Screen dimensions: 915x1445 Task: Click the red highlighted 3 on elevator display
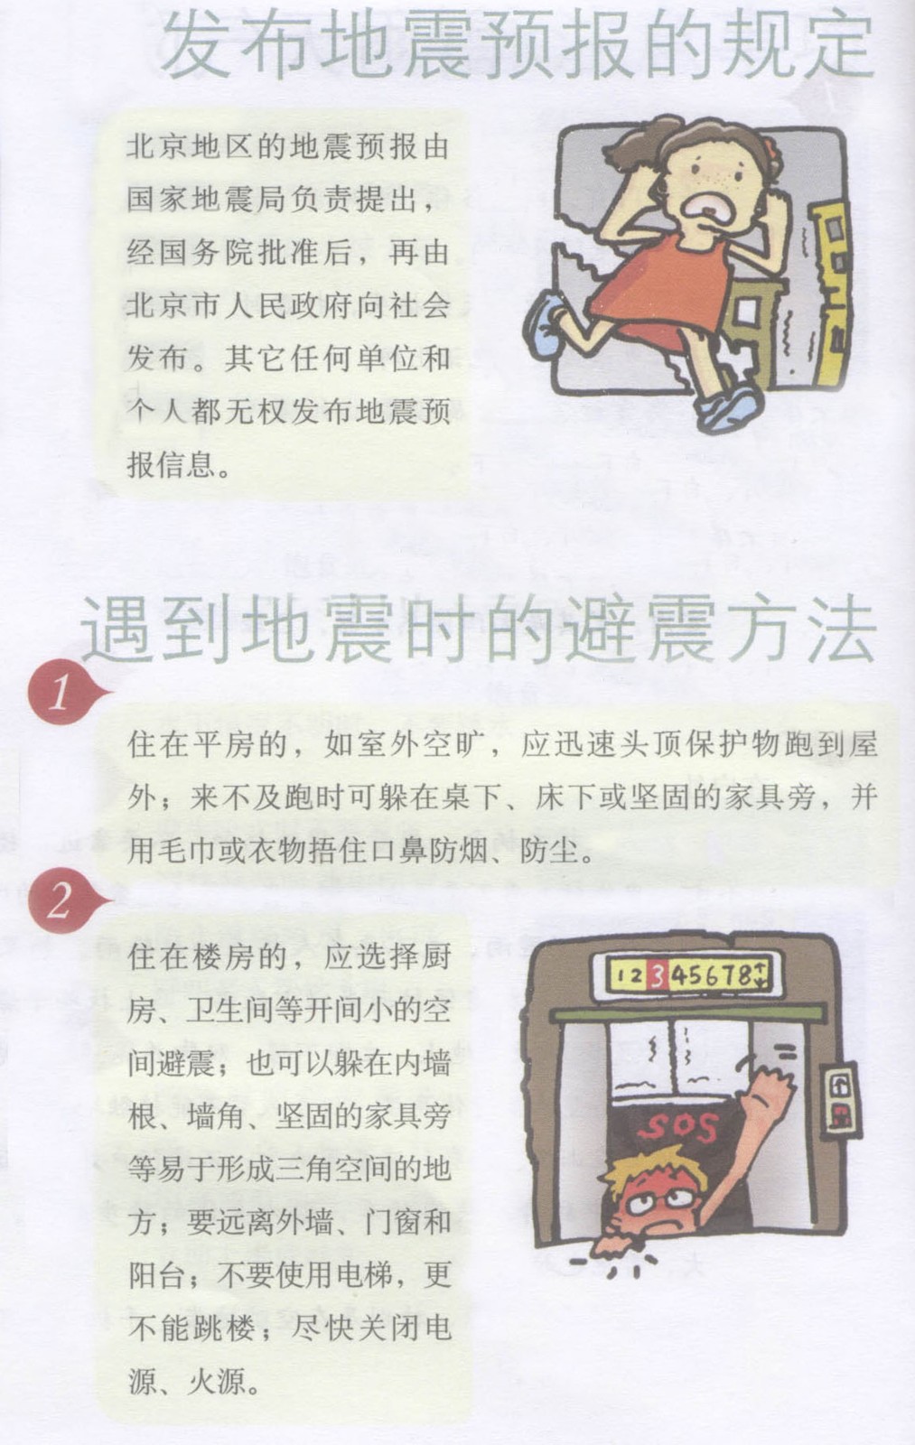(657, 974)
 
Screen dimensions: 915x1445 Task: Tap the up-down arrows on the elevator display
(761, 974)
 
